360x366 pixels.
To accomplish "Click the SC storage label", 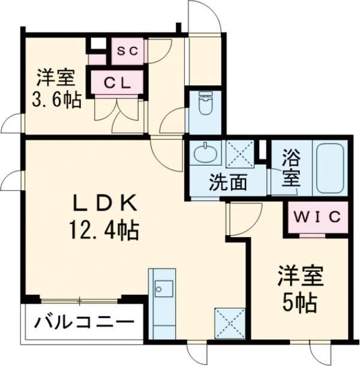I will pyautogui.click(x=127, y=52).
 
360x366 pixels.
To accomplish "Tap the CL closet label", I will pyautogui.click(x=117, y=83).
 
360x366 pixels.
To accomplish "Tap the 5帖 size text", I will pyautogui.click(x=301, y=303).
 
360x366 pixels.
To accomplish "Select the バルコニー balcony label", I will pyautogui.click(x=83, y=324).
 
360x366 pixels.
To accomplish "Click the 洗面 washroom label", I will pyautogui.click(x=228, y=182).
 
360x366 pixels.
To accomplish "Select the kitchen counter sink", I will pyautogui.click(x=162, y=289).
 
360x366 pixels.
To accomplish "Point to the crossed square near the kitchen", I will pyautogui.click(x=229, y=323).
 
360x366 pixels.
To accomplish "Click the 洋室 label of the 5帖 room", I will pyautogui.click(x=301, y=277).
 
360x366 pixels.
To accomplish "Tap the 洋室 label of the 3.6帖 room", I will pyautogui.click(x=55, y=78).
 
